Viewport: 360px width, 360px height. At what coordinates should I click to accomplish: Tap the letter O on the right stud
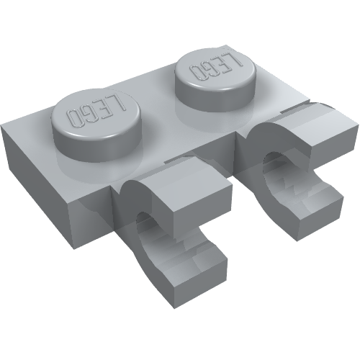coord(195,73)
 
